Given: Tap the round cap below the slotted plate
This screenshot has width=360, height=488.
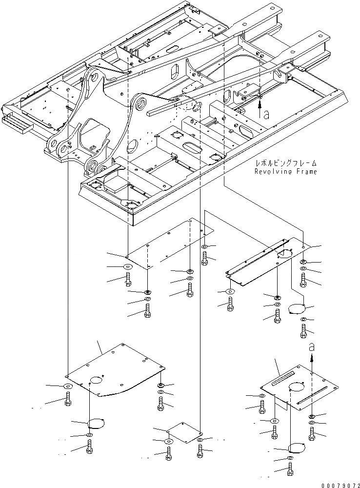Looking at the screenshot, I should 297,447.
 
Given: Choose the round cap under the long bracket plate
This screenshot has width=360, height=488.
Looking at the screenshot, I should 296,310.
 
